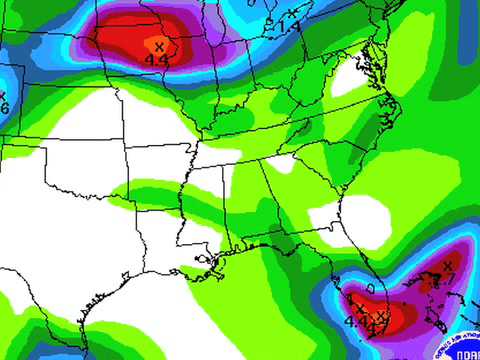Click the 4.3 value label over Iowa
[x=156, y=60]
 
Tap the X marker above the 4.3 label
[x=158, y=46]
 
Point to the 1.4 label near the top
[x=290, y=23]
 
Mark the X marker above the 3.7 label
[x=447, y=264]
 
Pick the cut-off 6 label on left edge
[x=4, y=107]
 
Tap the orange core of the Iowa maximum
[x=155, y=45]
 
